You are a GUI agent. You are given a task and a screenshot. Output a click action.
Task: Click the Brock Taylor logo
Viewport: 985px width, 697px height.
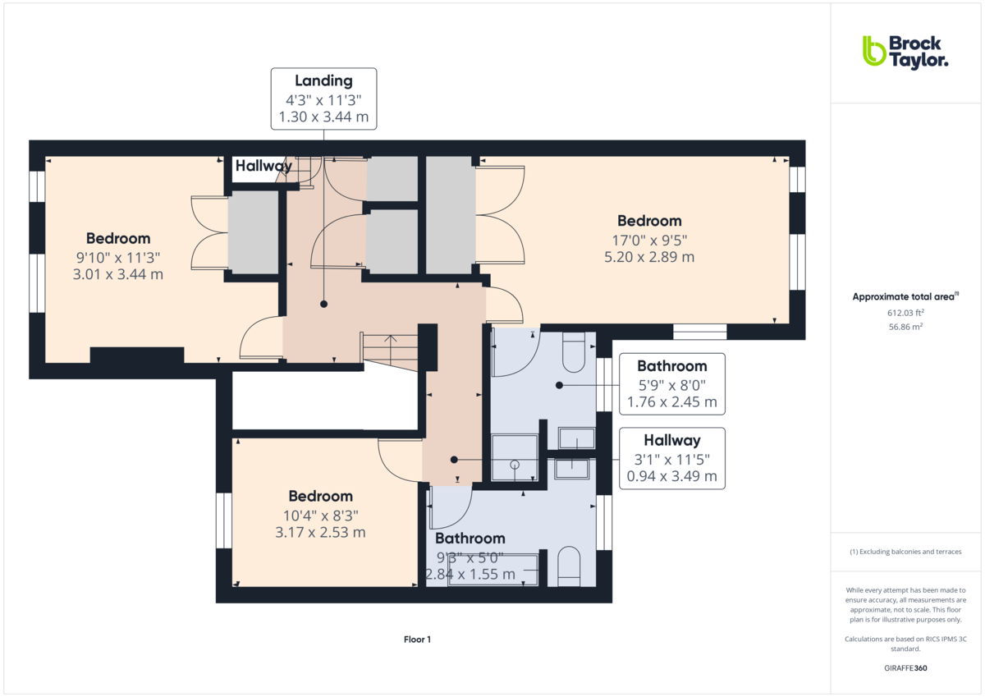tap(905, 53)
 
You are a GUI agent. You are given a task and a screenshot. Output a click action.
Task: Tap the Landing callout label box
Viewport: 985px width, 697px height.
tap(323, 99)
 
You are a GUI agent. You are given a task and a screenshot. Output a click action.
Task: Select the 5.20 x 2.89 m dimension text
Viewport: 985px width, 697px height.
tap(649, 257)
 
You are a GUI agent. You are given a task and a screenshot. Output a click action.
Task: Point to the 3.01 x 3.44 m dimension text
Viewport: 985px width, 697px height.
tap(118, 274)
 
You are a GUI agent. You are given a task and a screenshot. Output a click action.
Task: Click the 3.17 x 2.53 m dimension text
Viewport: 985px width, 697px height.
tap(320, 533)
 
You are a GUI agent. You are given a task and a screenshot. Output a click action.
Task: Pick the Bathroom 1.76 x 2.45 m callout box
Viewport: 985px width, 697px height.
tap(672, 384)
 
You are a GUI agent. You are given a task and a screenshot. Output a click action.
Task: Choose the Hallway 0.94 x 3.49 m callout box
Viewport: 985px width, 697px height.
tap(672, 458)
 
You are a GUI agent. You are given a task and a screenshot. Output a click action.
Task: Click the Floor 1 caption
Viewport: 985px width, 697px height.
tap(417, 640)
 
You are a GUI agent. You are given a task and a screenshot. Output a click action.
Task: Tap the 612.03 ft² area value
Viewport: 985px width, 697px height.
tap(905, 313)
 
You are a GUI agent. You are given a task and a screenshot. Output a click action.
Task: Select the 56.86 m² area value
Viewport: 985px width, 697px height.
tap(905, 327)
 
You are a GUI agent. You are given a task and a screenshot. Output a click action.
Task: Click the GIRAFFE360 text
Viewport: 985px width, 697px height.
tap(905, 668)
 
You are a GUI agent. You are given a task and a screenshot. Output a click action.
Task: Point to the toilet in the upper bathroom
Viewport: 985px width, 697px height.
tap(574, 352)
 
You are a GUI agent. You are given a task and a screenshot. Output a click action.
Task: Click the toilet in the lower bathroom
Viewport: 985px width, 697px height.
tap(569, 566)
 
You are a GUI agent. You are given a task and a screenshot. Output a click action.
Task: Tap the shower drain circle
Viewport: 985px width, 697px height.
tap(515, 465)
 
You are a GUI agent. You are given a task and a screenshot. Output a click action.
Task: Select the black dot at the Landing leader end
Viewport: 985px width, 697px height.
tap(323, 304)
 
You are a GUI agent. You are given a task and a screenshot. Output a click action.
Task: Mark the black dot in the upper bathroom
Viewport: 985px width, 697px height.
tap(559, 385)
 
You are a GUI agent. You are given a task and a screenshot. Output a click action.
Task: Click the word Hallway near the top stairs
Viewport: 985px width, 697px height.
tap(263, 166)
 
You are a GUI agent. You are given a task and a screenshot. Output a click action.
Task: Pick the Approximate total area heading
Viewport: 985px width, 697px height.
tap(905, 297)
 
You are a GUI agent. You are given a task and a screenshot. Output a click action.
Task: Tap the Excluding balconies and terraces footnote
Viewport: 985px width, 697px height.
tap(905, 552)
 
